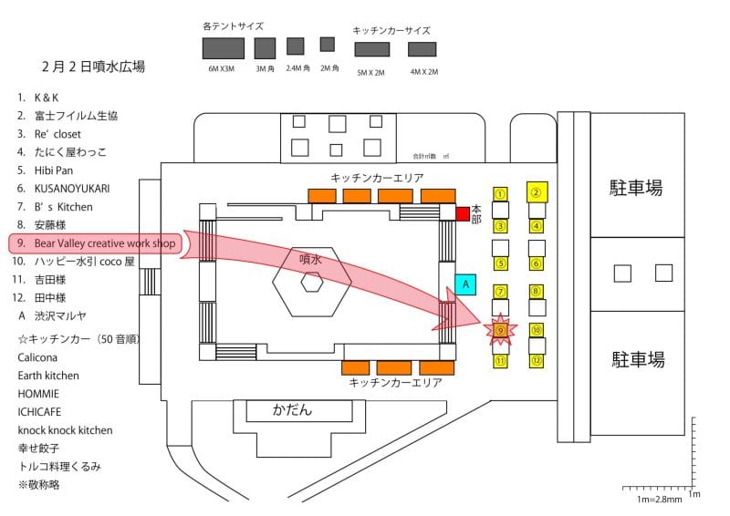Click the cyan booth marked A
coord(465,284)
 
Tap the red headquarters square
coord(463,214)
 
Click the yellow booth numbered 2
coord(537,191)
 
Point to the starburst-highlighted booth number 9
coord(500,329)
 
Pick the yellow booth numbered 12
coord(537,361)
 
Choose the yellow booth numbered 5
coord(500,263)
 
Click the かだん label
coord(293,409)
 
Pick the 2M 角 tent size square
coord(327,44)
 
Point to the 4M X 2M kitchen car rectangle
coord(422,48)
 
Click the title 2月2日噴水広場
coord(93,67)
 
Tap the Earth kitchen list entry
coord(48,376)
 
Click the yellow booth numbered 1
coord(500,193)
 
